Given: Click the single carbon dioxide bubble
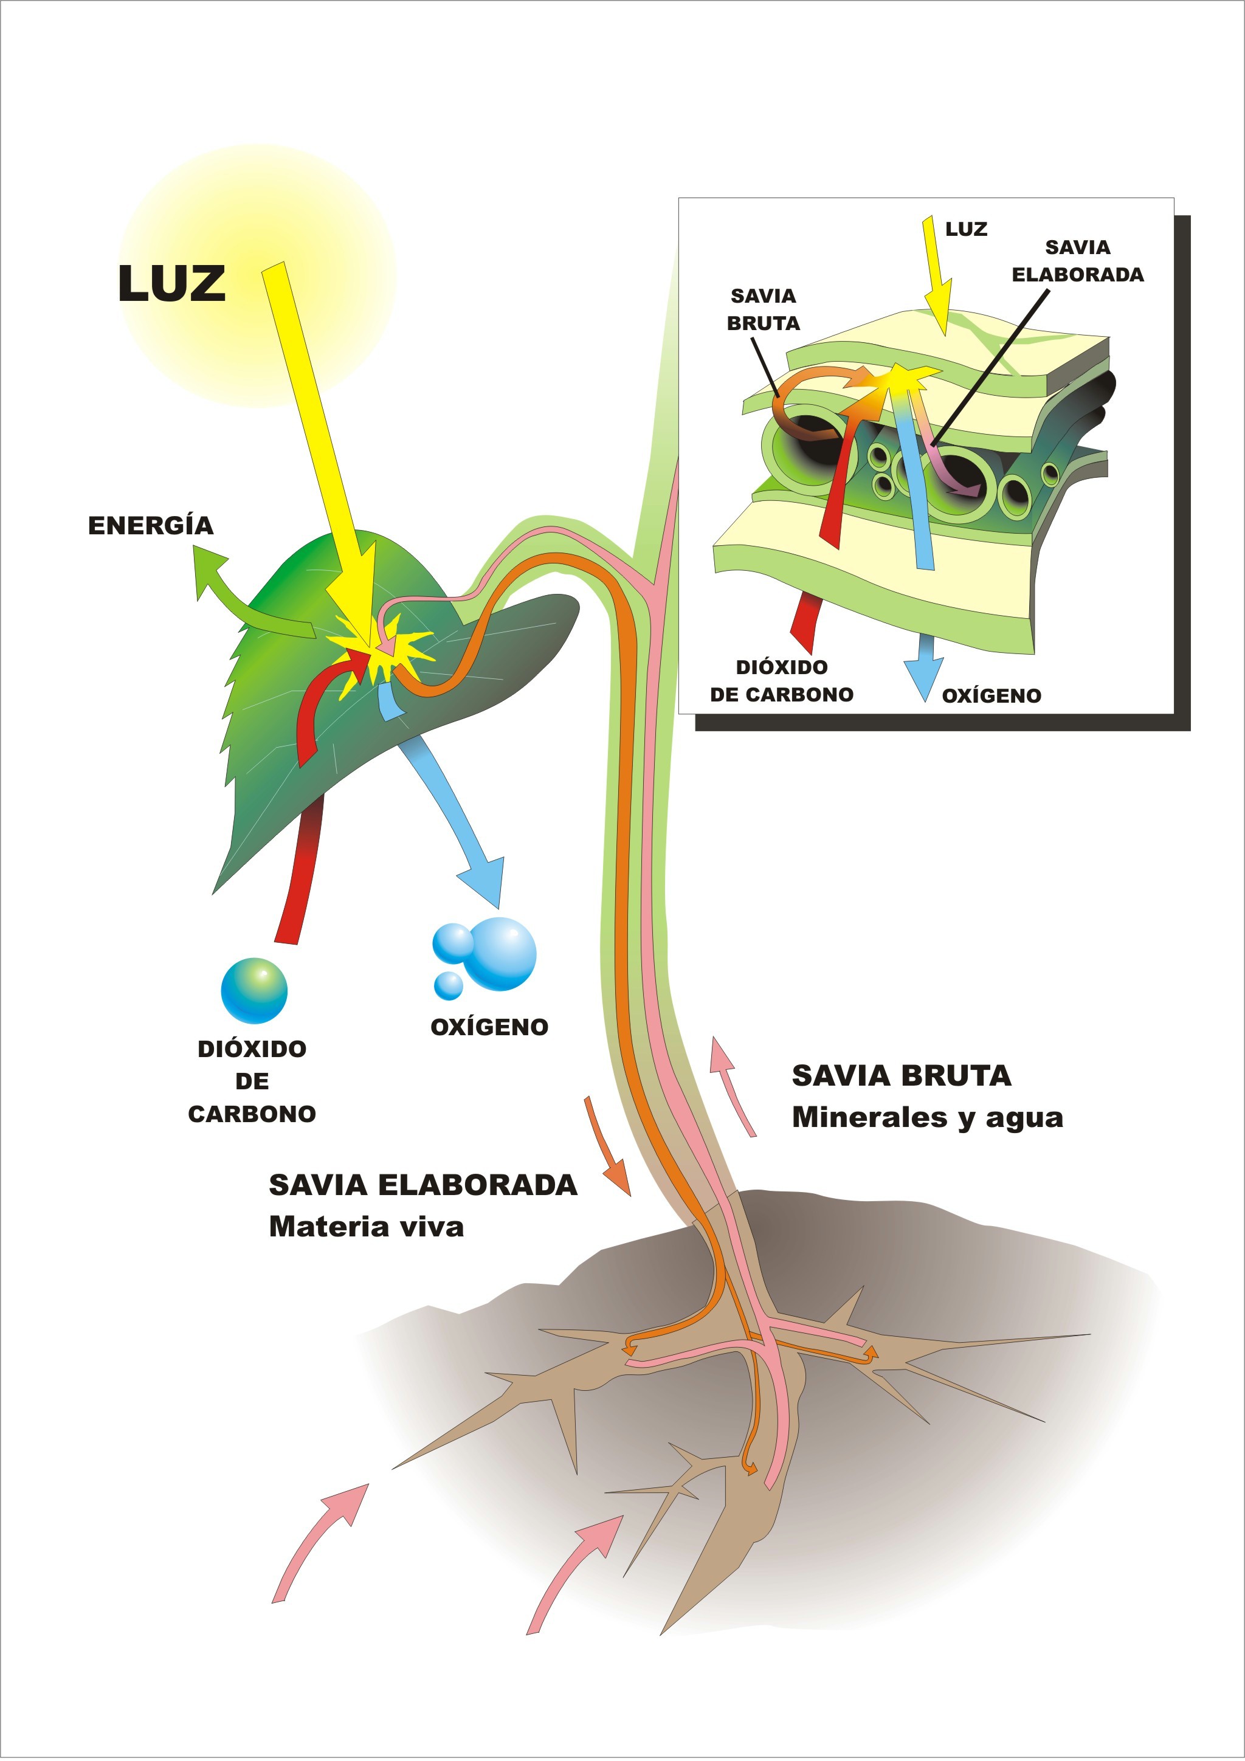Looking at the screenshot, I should [x=254, y=990].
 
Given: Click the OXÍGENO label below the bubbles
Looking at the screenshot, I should [x=489, y=1027].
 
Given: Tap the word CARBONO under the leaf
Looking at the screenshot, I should [x=252, y=1114].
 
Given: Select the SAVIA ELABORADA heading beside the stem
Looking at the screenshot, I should [x=422, y=1185].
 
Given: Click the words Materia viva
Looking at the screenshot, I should [x=366, y=1227].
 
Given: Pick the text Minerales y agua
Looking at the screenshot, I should [x=928, y=1117].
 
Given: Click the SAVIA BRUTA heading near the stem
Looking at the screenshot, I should [x=902, y=1075].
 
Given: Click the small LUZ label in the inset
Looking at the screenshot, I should [x=966, y=229].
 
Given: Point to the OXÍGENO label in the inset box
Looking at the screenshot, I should [x=991, y=695].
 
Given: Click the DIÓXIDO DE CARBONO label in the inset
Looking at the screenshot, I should [x=781, y=680].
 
